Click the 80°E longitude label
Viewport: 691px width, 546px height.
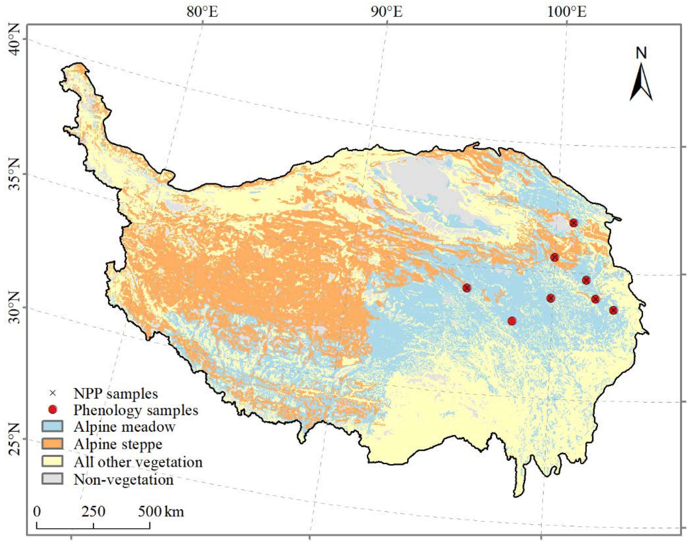202,12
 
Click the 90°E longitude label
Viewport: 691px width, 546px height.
387,12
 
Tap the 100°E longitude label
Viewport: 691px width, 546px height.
567,12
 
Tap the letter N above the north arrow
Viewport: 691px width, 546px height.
641,53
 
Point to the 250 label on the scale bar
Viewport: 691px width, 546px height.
93,512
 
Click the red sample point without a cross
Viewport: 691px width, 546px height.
512,321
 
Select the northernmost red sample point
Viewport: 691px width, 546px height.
574,223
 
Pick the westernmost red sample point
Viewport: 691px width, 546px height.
467,288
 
